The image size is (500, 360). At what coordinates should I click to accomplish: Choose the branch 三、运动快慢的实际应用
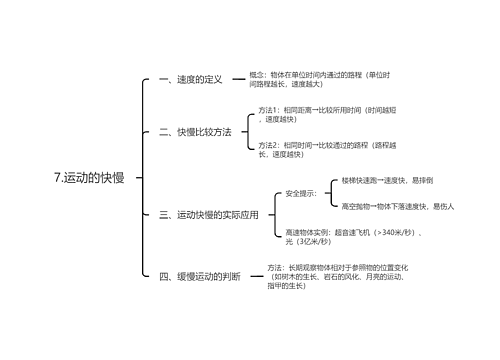(209, 214)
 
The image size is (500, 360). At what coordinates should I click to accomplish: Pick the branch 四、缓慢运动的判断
(200, 276)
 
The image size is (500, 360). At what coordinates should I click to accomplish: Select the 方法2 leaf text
(325, 149)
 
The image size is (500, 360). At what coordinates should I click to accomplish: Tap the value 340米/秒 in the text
(393, 231)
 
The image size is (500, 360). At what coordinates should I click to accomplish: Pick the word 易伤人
(443, 206)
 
